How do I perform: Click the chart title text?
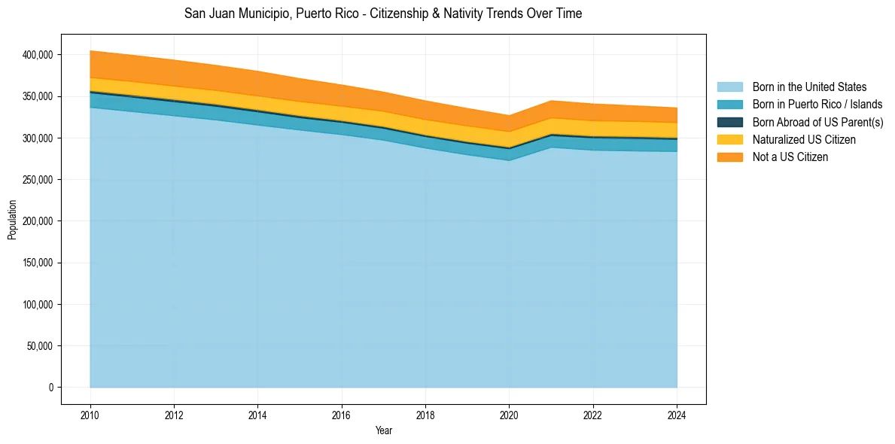(x=383, y=14)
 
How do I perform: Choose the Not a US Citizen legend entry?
(x=790, y=157)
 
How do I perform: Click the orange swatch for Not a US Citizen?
(x=729, y=157)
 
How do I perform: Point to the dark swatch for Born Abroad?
(x=729, y=122)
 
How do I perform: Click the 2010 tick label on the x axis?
(x=90, y=414)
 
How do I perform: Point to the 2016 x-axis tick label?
(x=342, y=414)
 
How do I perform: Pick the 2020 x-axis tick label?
(x=510, y=414)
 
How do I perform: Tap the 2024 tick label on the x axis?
(x=677, y=414)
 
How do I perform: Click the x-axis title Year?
(x=383, y=430)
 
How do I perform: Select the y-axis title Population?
(x=11, y=220)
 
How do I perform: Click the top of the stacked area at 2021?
(x=552, y=101)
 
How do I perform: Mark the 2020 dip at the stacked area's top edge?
(x=510, y=116)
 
